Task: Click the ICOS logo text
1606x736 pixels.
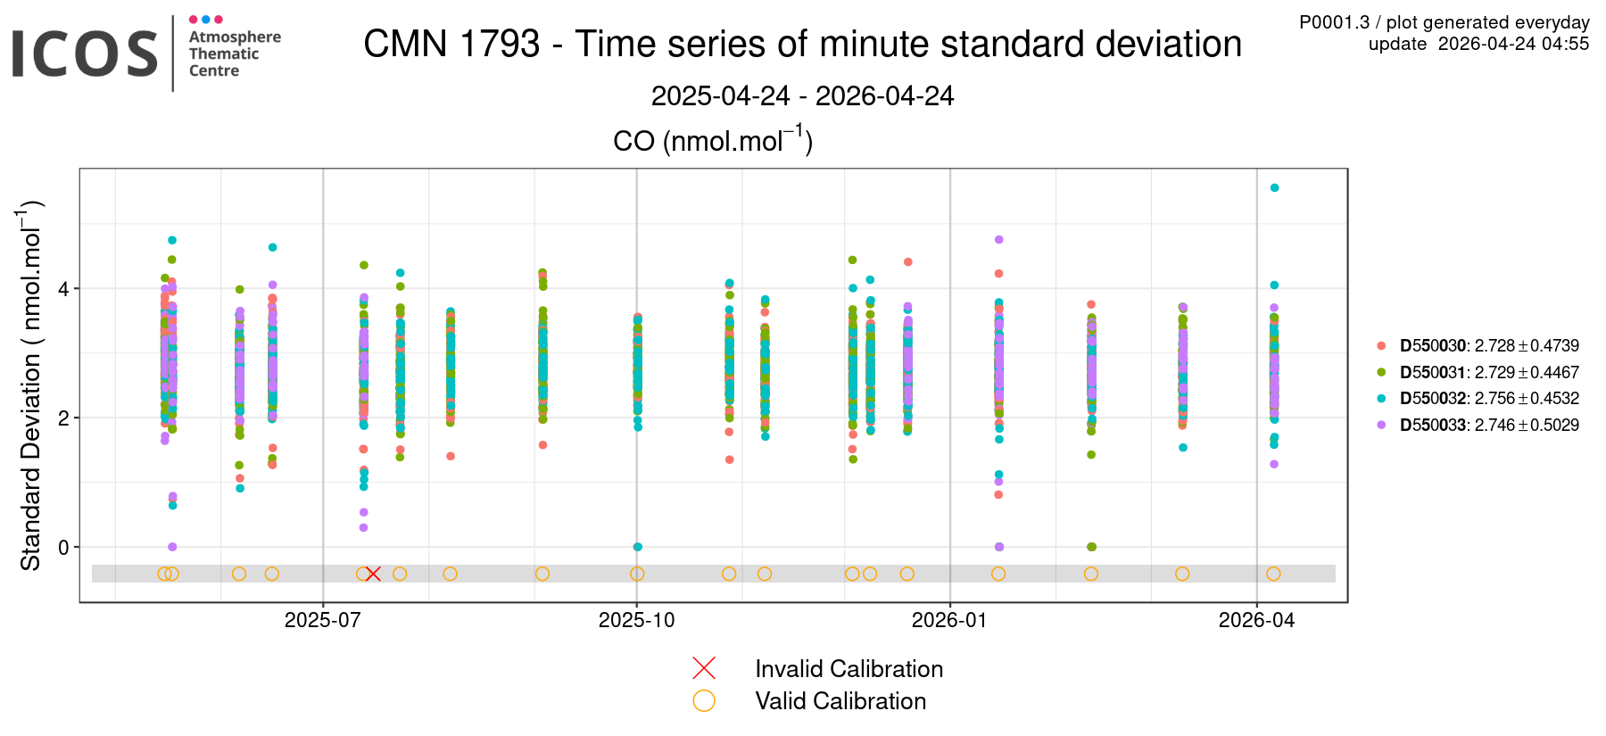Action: (x=85, y=54)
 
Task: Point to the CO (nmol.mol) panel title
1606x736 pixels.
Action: (x=712, y=140)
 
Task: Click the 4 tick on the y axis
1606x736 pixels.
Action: (x=63, y=289)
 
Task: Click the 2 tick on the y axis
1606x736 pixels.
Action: (x=63, y=418)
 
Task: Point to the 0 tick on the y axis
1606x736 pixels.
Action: (x=63, y=548)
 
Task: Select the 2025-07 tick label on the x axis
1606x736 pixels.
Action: (x=322, y=620)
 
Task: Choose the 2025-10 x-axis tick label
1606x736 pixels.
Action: (x=636, y=620)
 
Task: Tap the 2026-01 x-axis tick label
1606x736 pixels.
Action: (x=949, y=620)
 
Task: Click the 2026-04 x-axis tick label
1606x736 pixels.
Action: (x=1256, y=620)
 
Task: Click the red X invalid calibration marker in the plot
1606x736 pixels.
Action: (x=373, y=574)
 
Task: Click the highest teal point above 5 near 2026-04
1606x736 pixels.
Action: (x=1274, y=187)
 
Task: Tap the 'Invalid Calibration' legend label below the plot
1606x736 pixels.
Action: (x=849, y=669)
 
